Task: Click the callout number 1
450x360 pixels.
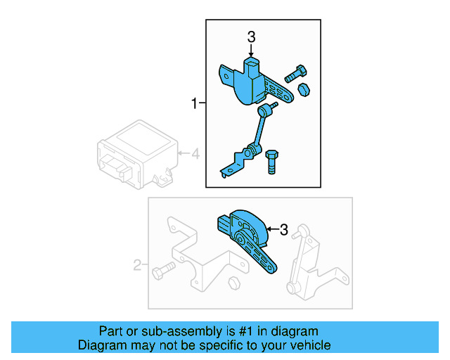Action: (194, 104)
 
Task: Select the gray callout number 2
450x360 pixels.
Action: (137, 266)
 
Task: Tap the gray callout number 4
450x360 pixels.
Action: (196, 153)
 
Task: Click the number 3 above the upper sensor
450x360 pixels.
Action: (251, 37)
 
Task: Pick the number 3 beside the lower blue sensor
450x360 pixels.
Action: (283, 229)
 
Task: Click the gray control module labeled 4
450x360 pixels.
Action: (134, 155)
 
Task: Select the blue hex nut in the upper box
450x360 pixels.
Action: (305, 89)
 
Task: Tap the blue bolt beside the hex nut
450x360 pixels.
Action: (294, 72)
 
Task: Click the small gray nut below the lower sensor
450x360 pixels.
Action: (234, 283)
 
